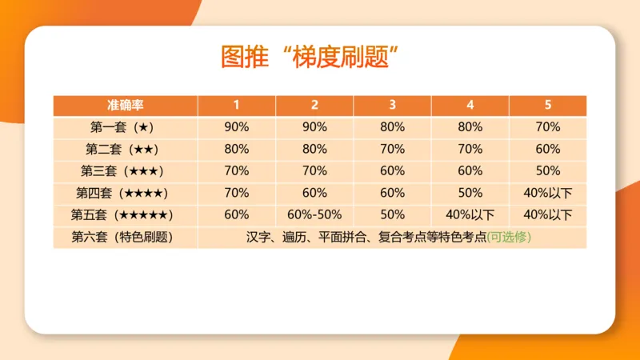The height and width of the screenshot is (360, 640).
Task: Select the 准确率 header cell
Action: pos(126,105)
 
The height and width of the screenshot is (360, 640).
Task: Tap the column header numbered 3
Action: pos(392,105)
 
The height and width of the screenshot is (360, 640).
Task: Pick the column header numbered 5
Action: pos(547,105)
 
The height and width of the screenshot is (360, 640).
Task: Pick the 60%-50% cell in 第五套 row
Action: pos(314,214)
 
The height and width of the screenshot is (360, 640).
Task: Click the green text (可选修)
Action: pos(510,237)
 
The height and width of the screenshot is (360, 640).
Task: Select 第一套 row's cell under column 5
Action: pos(547,126)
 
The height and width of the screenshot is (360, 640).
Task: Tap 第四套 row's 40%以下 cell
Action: pos(547,192)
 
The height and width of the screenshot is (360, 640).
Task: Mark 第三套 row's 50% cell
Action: pos(547,170)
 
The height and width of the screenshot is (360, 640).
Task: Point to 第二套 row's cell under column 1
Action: pos(236,148)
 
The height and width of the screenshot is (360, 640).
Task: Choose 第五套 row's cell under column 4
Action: pos(470,214)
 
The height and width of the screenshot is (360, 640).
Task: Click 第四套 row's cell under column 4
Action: pos(470,192)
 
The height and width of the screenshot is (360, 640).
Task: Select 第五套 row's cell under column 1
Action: pos(236,214)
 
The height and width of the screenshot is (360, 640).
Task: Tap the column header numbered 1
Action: pos(236,105)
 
